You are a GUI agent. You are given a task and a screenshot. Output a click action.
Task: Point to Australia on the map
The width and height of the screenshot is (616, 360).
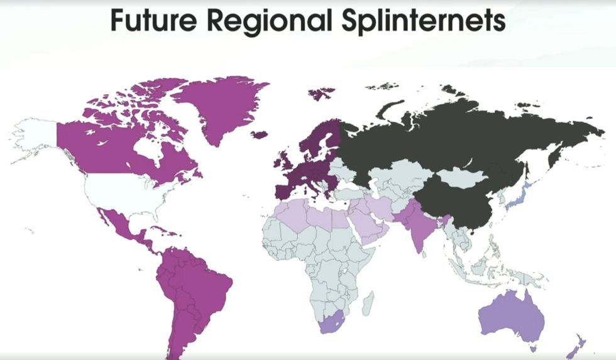pyautogui.click(x=510, y=317)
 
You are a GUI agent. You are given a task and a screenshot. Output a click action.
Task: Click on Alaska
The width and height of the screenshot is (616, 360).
pyautogui.click(x=35, y=135)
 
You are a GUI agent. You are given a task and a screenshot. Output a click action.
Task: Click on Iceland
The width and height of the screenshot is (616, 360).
pyautogui.click(x=259, y=134)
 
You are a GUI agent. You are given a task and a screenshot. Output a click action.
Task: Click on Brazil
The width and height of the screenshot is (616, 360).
pyautogui.click(x=201, y=283)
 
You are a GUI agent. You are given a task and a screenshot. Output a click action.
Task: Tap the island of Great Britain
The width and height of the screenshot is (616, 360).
pyautogui.click(x=282, y=160)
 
